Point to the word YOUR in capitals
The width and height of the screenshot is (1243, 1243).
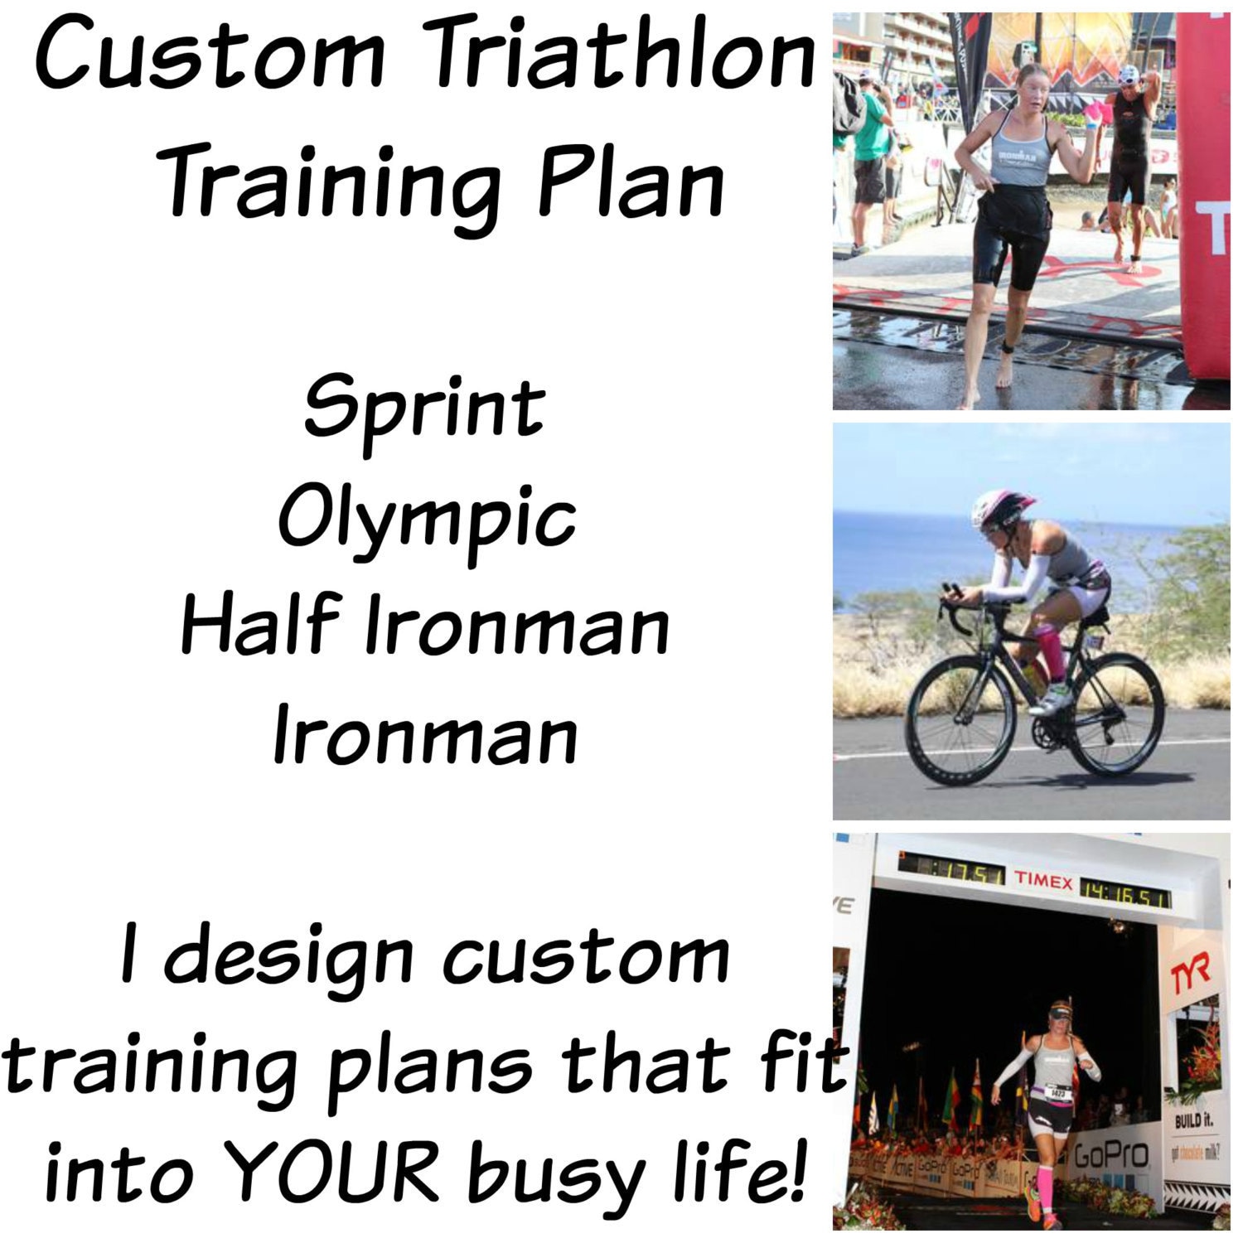pos(331,1172)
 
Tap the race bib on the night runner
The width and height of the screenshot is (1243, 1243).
pos(1057,1093)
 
